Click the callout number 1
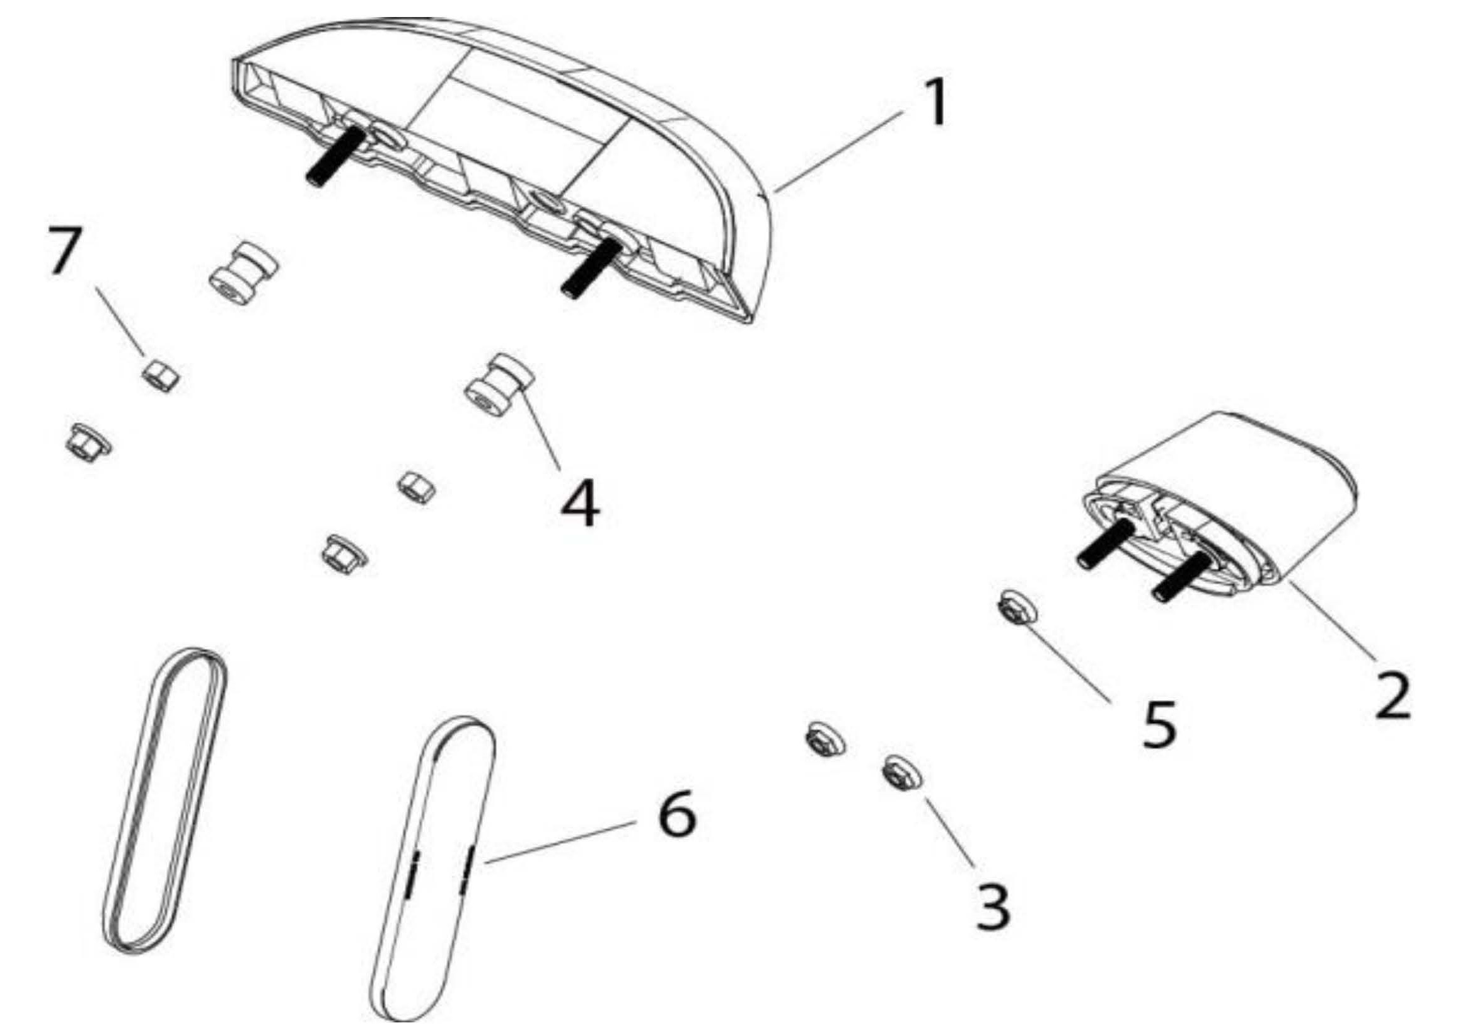[934, 103]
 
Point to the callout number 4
[580, 504]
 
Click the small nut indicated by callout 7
[160, 375]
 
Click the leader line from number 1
[839, 152]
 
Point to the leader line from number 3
[949, 833]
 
